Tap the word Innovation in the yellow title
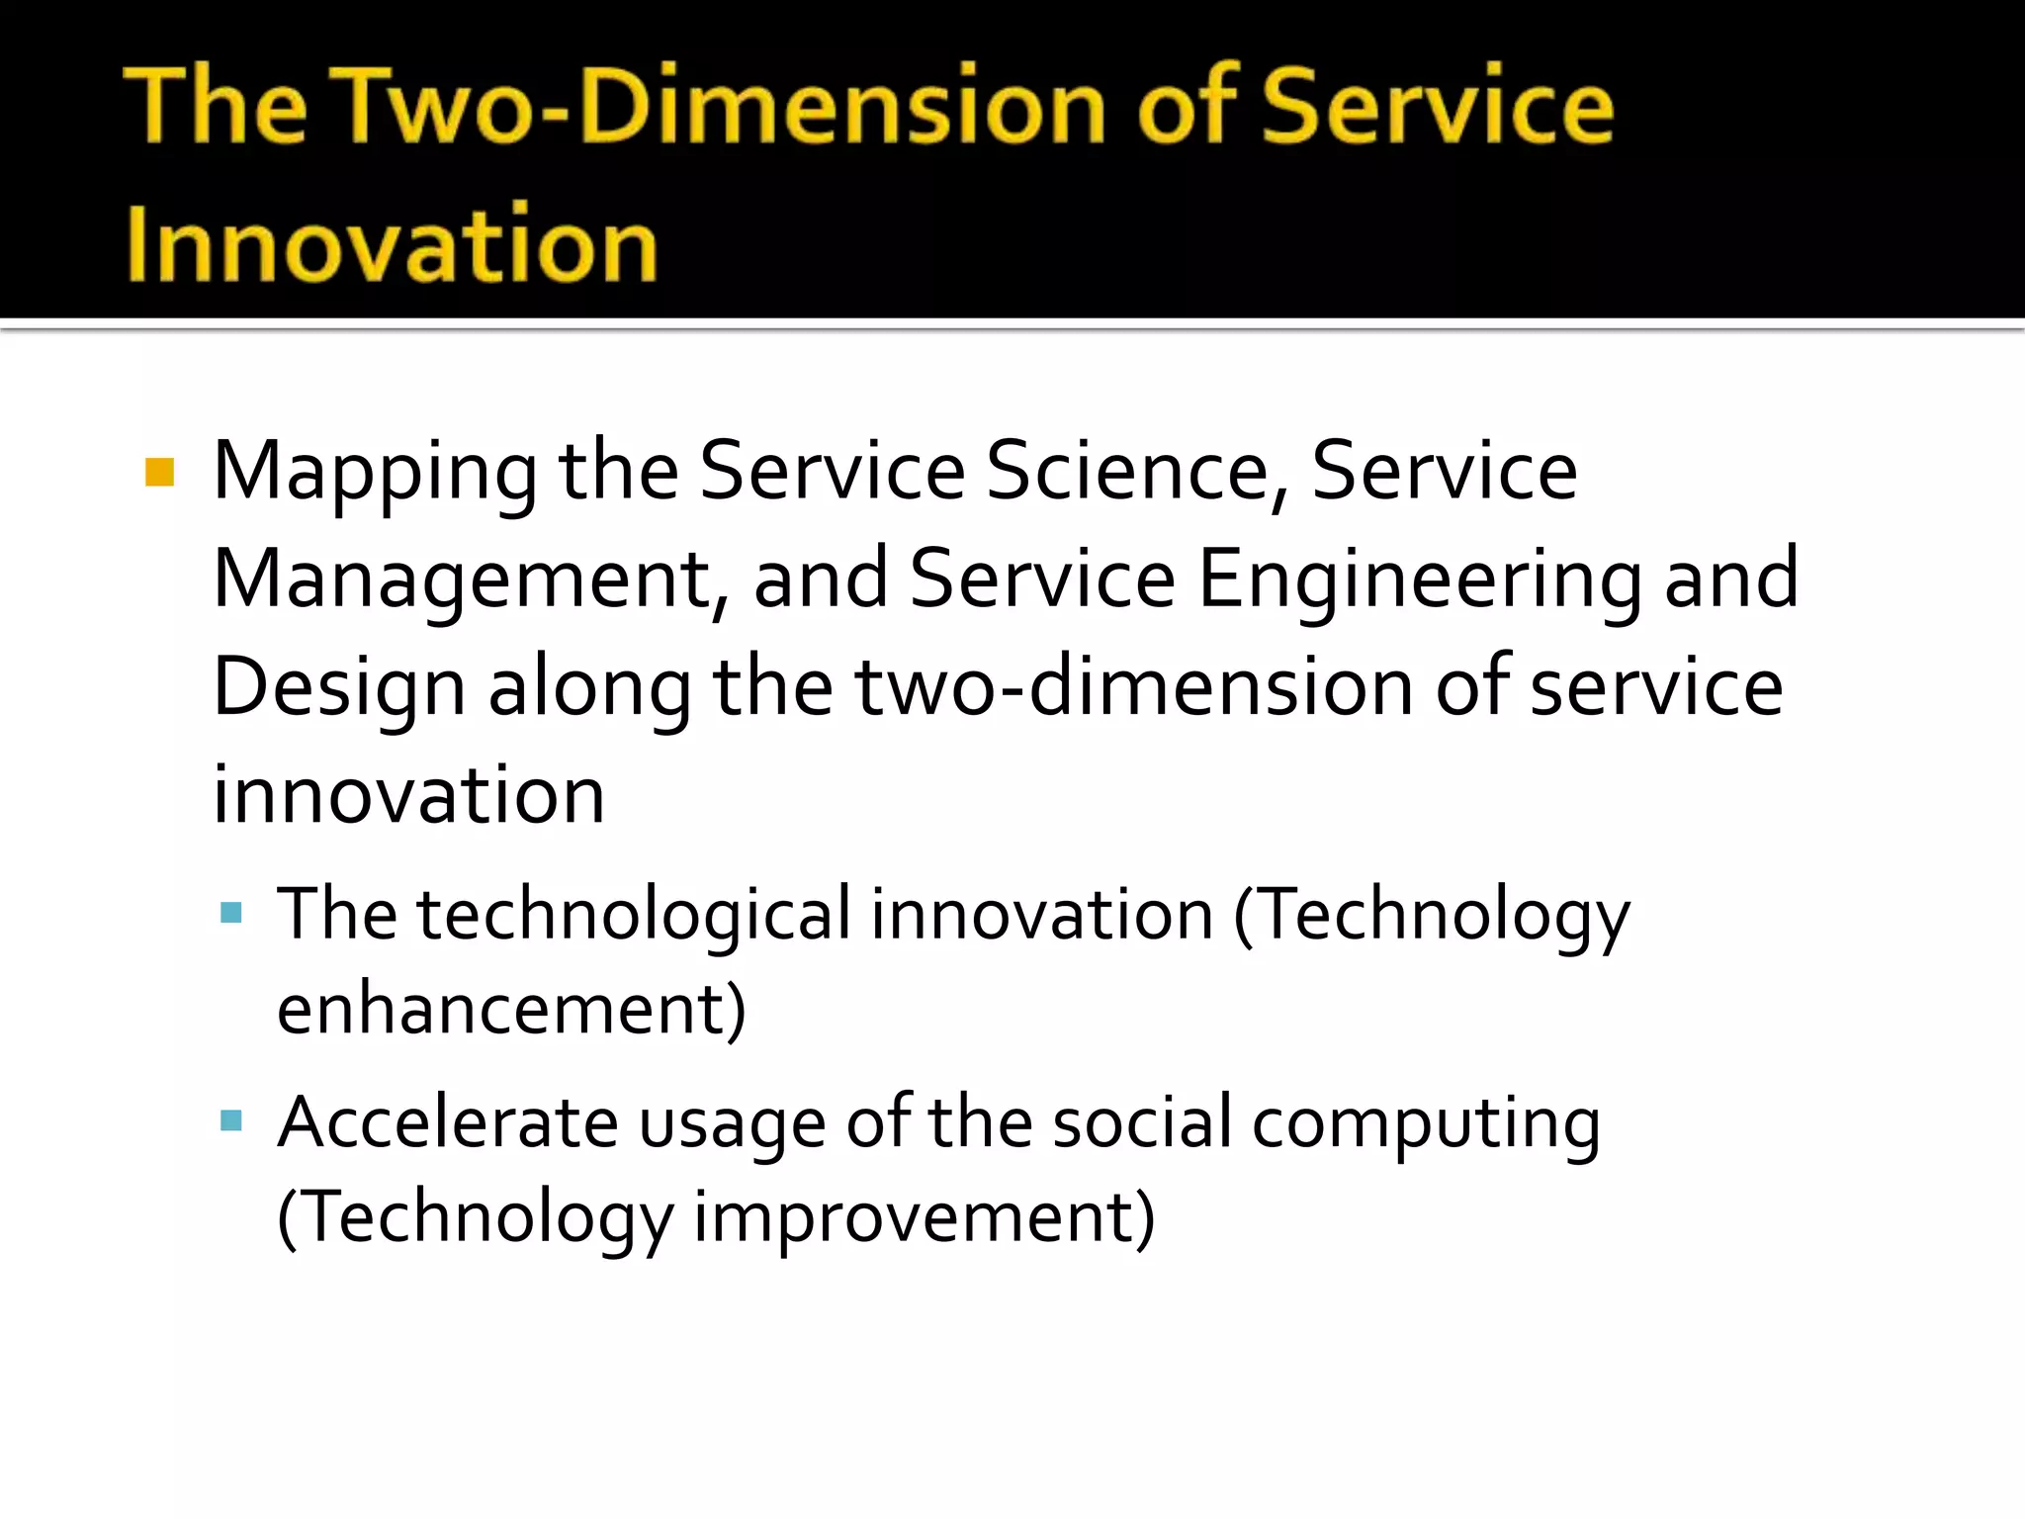[x=392, y=243]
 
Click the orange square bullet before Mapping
[x=159, y=472]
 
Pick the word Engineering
[x=1419, y=581]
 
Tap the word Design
[x=339, y=690]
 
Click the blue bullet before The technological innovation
[x=231, y=912]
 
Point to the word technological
[x=633, y=916]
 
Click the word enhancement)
[x=511, y=1011]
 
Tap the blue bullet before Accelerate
[x=231, y=1120]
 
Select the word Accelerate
[x=448, y=1122]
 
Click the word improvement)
[x=924, y=1217]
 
